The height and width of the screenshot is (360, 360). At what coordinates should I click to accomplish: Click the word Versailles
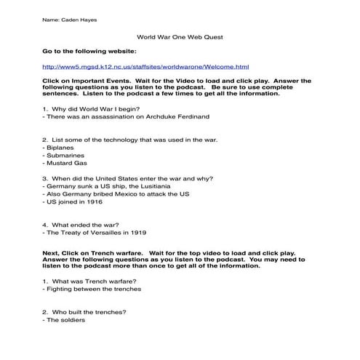(104, 233)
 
